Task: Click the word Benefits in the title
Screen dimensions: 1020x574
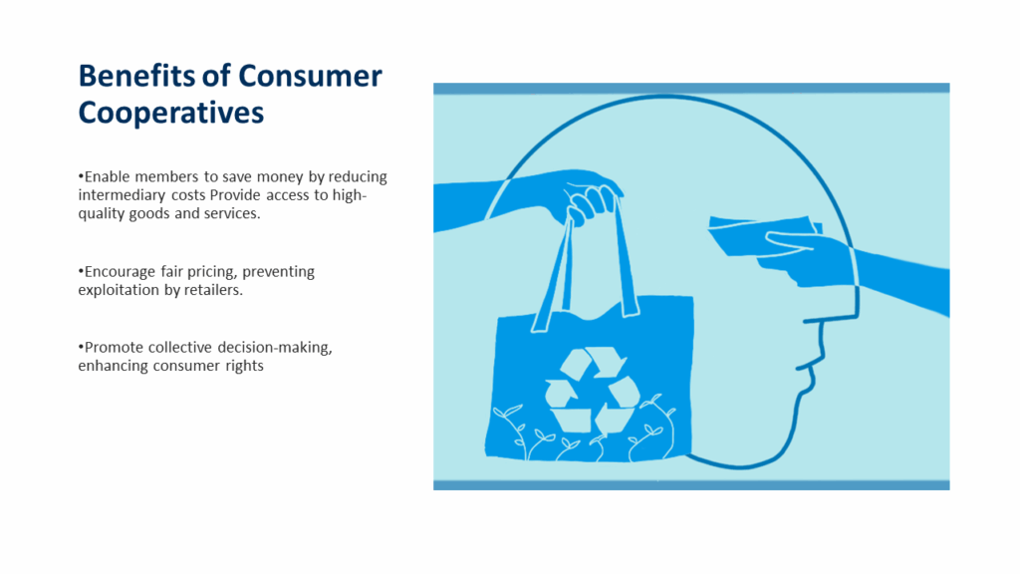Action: [136, 76]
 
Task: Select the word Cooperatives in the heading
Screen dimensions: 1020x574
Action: [171, 114]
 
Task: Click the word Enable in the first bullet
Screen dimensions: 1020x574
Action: [108, 177]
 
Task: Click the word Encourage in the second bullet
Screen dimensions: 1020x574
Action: [121, 272]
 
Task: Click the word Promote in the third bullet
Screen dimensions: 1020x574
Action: [114, 348]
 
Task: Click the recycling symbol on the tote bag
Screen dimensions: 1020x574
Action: [592, 390]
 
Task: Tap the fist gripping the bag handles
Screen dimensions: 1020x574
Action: [591, 203]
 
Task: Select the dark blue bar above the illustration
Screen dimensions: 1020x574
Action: [691, 89]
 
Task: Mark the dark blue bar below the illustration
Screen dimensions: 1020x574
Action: [691, 485]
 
